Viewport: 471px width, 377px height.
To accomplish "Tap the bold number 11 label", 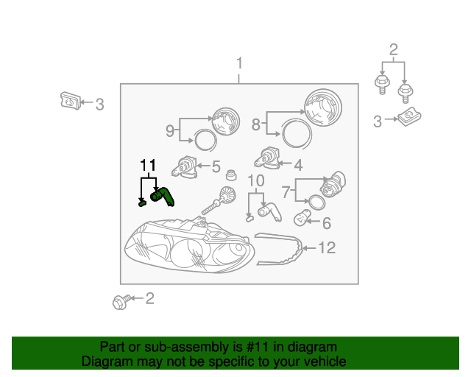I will click(148, 166).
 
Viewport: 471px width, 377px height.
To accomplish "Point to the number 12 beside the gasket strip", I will click(327, 248).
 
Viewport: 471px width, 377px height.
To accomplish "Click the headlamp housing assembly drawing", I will click(189, 247).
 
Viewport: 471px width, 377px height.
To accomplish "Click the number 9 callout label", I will click(170, 131).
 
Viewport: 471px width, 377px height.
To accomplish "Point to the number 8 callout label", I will click(256, 125).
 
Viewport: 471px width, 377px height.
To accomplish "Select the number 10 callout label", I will click(255, 181).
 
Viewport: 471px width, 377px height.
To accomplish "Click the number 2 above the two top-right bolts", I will click(393, 50).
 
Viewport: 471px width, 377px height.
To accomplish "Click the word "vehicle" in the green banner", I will click(325, 362).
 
